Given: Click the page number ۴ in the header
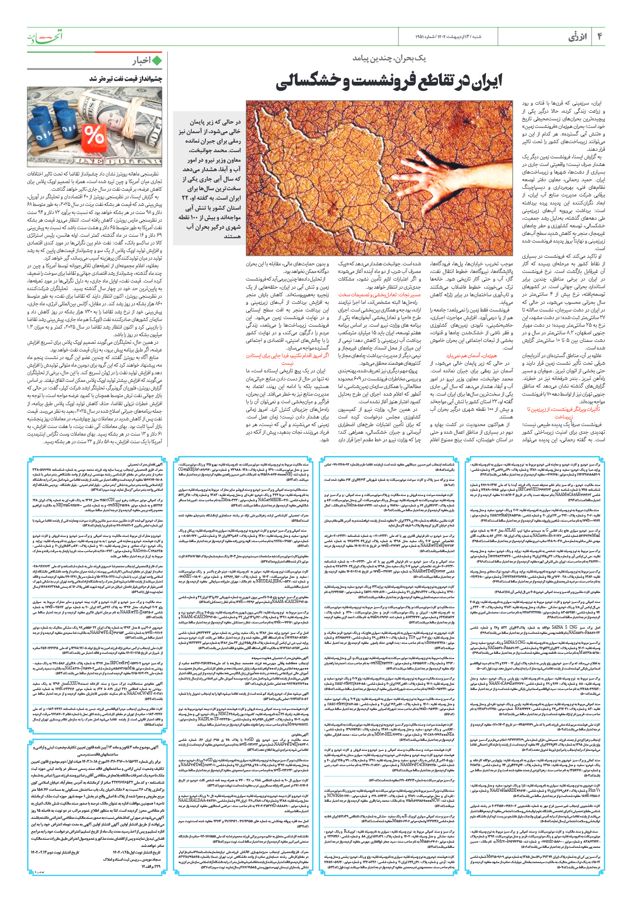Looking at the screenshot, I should (600, 37).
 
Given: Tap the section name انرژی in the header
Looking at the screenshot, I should (578, 37).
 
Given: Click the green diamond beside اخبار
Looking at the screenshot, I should (156, 60).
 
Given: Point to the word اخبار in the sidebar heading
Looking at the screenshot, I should (141, 60).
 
